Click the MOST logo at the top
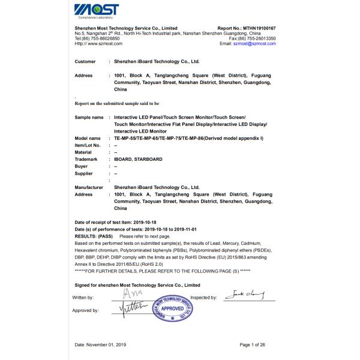(x=96, y=10)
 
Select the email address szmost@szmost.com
(x=254, y=43)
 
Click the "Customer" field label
(x=85, y=61)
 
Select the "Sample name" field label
(x=89, y=117)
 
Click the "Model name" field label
(x=88, y=138)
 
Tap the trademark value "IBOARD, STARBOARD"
(x=141, y=159)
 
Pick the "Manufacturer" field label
(x=89, y=187)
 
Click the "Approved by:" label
(x=85, y=310)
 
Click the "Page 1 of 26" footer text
(x=256, y=344)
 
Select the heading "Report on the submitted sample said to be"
(x=116, y=103)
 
